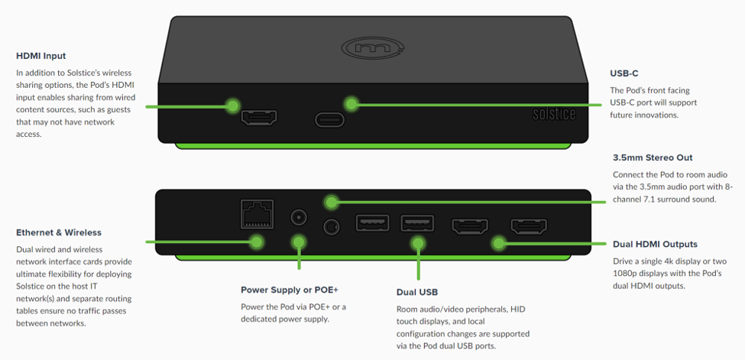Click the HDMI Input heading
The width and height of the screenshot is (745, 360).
pos(41,56)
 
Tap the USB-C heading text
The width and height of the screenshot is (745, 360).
pos(624,73)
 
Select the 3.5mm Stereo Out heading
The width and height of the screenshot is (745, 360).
pos(653,157)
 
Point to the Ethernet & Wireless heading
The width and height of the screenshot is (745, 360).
pos(59,232)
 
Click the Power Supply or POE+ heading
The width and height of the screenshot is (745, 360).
pos(290,290)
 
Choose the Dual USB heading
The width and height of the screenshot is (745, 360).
pos(417,292)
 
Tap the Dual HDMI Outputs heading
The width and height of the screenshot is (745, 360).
pos(655,245)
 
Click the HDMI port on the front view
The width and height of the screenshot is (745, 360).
pos(259,118)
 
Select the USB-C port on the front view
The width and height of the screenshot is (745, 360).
pos(329,120)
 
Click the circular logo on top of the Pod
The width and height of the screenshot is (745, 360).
pos(372,47)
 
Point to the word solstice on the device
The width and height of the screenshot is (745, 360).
pos(554,115)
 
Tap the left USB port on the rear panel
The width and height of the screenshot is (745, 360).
pos(372,223)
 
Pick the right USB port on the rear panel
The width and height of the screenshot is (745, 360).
pos(417,223)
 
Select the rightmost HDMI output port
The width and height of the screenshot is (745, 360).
pos(528,226)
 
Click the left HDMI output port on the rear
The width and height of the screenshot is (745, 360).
pos(471,226)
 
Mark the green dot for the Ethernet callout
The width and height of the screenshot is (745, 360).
pos(257,242)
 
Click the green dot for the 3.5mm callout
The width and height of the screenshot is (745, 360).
pos(331,202)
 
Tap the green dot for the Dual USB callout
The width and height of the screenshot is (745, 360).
pos(418,242)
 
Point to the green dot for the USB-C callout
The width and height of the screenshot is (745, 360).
pos(351,103)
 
